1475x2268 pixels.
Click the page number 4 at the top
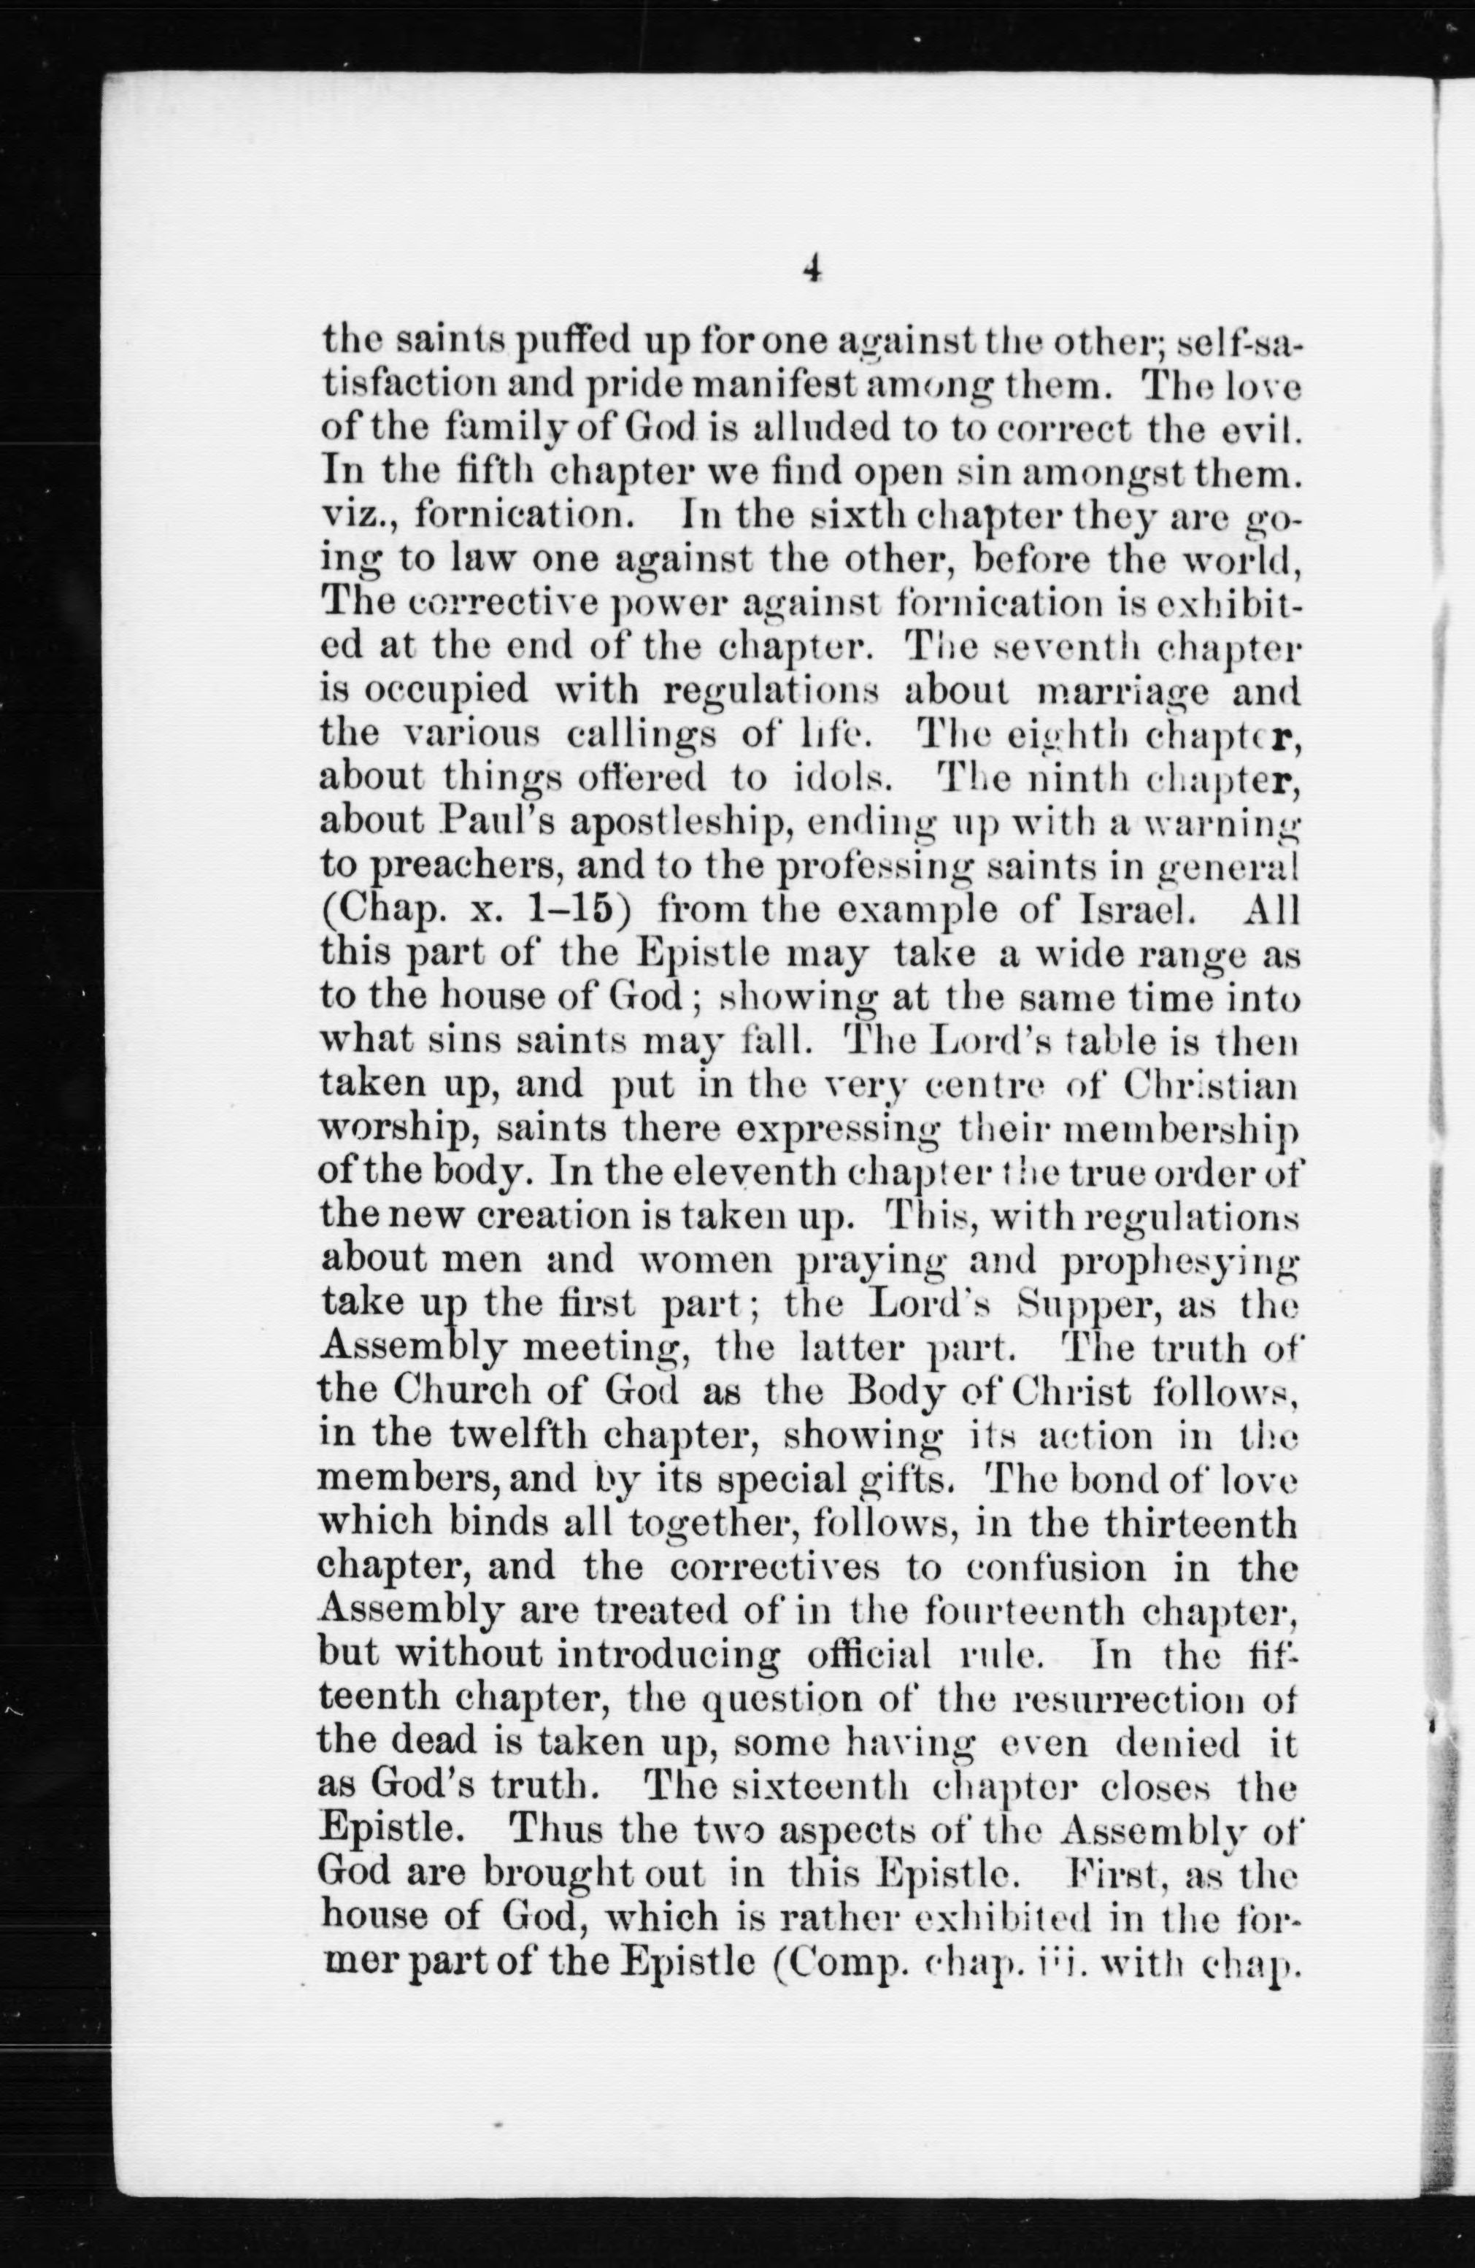coord(811,271)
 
